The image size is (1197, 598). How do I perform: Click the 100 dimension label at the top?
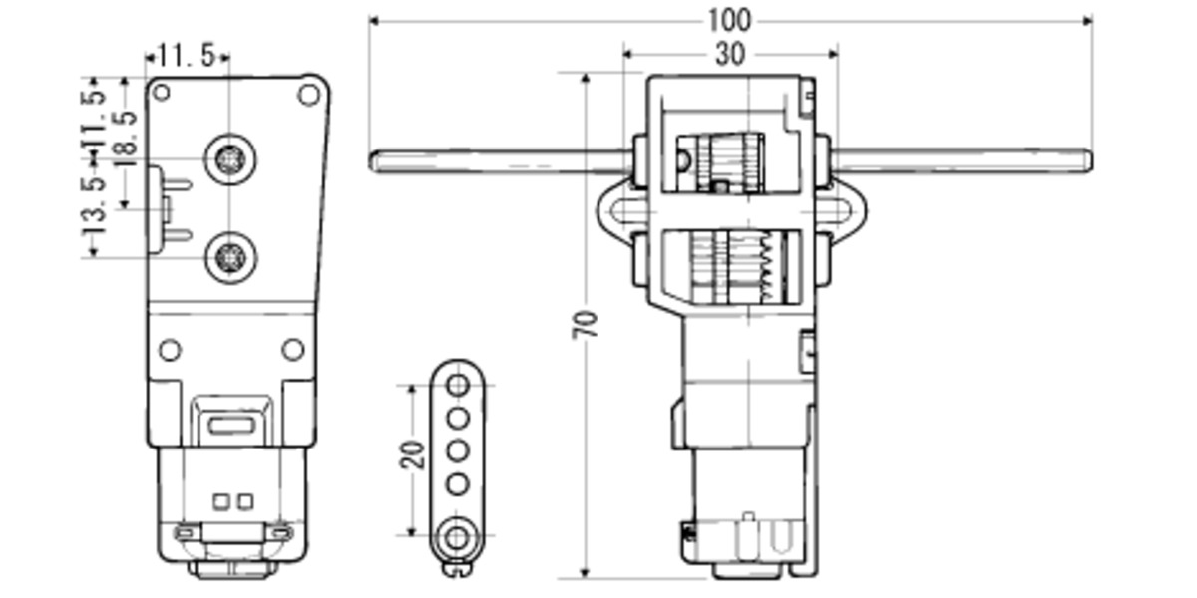[729, 20]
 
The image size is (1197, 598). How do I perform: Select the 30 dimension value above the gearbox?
[729, 55]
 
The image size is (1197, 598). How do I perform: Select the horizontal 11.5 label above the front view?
[186, 57]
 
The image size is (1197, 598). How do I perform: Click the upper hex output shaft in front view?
[230, 159]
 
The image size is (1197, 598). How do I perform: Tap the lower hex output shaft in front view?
[230, 257]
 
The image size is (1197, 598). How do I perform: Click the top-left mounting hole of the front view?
[161, 93]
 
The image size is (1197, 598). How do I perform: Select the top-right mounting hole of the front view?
[308, 95]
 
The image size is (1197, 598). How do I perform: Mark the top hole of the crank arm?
[457, 385]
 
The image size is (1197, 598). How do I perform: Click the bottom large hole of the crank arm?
[457, 537]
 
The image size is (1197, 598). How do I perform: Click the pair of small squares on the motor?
[230, 500]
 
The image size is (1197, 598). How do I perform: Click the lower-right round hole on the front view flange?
[292, 349]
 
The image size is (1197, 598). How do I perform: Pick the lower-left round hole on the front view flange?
[170, 350]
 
